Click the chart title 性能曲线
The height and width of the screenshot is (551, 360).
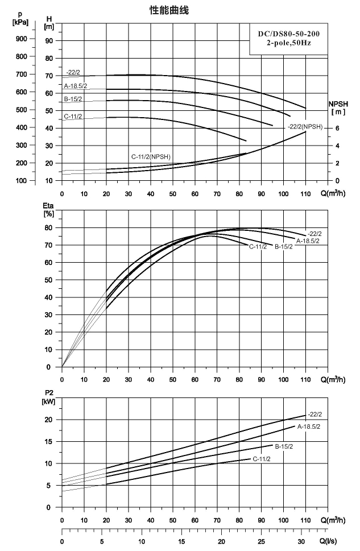pos(169,11)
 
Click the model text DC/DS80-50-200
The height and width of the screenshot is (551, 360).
pos(289,34)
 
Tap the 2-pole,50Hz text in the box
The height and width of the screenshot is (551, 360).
pos(289,43)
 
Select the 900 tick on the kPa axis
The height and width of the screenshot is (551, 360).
pos(21,39)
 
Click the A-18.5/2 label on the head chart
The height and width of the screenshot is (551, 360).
pos(76,86)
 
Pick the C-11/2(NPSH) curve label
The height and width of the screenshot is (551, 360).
pos(151,157)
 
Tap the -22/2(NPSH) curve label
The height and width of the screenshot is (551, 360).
pos(305,127)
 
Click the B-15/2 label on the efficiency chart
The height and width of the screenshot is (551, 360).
pos(284,247)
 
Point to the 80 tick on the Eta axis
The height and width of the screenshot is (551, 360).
pos(48,227)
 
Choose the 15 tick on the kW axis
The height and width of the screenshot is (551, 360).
pos(48,442)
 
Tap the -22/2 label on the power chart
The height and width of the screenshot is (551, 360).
pos(315,415)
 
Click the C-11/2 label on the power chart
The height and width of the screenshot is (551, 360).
pos(262,459)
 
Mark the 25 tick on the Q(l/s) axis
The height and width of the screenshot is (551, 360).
pos(261,541)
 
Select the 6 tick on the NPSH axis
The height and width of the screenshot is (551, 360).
pos(337,129)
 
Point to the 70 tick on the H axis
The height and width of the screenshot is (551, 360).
pos(49,76)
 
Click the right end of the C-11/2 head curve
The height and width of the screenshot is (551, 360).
pos(246,141)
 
